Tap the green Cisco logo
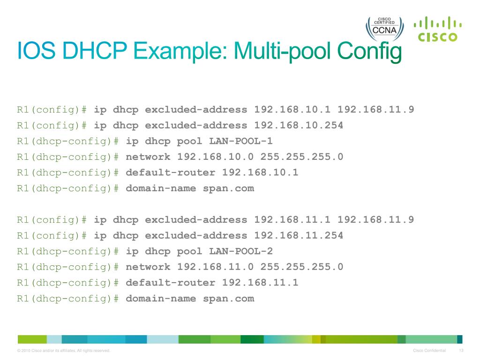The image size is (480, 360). tap(437, 29)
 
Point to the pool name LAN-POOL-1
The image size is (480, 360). tap(240, 141)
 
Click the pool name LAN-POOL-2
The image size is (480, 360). tap(240, 251)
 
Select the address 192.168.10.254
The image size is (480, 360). tap(299, 125)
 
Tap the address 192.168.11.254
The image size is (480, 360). tap(299, 235)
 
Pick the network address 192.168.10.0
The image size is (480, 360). tap(216, 157)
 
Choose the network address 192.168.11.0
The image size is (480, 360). tap(216, 267)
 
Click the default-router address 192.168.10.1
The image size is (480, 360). tap(260, 172)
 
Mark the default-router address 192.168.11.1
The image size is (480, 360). tap(260, 283)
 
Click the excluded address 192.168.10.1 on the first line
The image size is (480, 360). tap(292, 110)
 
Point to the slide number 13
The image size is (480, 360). tap(461, 351)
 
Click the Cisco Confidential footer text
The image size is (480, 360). tap(429, 351)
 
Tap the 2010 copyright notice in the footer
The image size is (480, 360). tap(63, 351)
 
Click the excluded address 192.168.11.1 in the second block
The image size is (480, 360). tap(292, 220)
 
